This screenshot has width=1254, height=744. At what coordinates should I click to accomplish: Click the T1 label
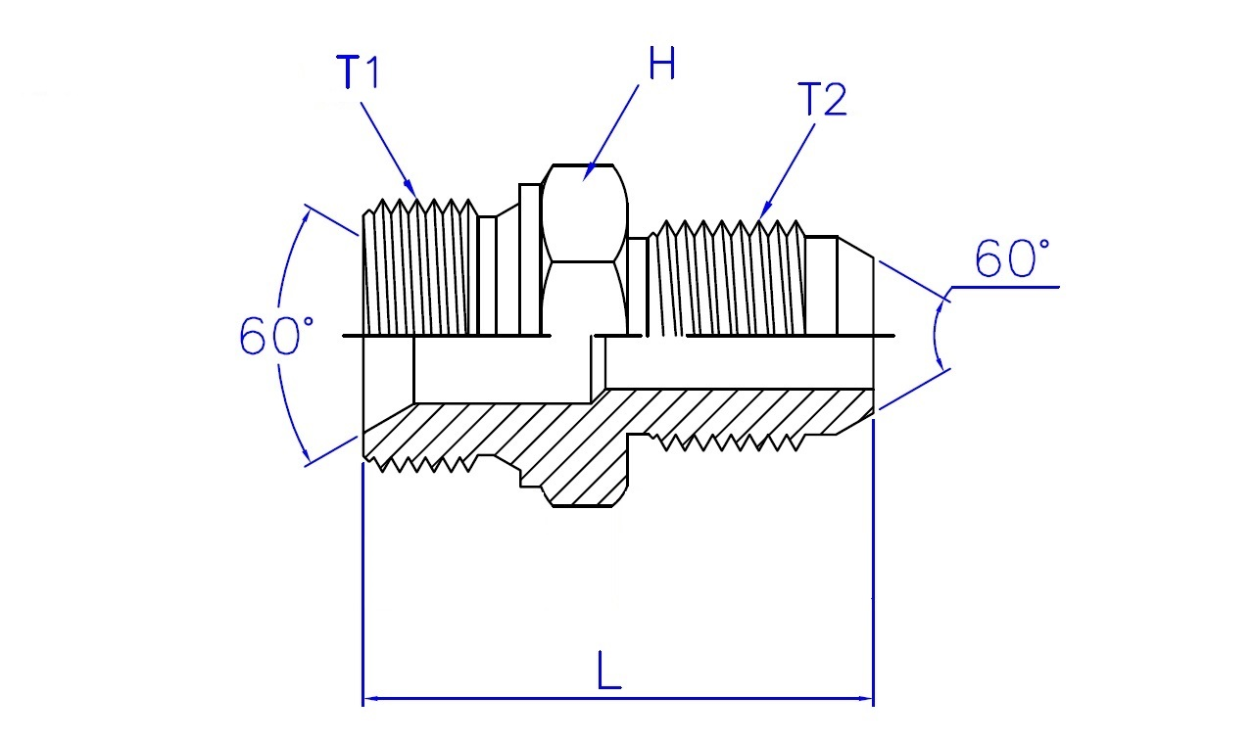359,71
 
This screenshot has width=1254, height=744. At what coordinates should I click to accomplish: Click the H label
661,64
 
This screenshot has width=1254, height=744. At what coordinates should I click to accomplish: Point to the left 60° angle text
276,336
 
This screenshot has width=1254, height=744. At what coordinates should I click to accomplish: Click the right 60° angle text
1012,258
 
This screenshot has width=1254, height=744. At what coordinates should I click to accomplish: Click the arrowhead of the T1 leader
410,188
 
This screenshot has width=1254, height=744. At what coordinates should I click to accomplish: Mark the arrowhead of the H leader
589,172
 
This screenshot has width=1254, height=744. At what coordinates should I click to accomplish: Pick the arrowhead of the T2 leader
765,210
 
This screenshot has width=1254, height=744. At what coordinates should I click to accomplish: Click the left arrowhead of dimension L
373,698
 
